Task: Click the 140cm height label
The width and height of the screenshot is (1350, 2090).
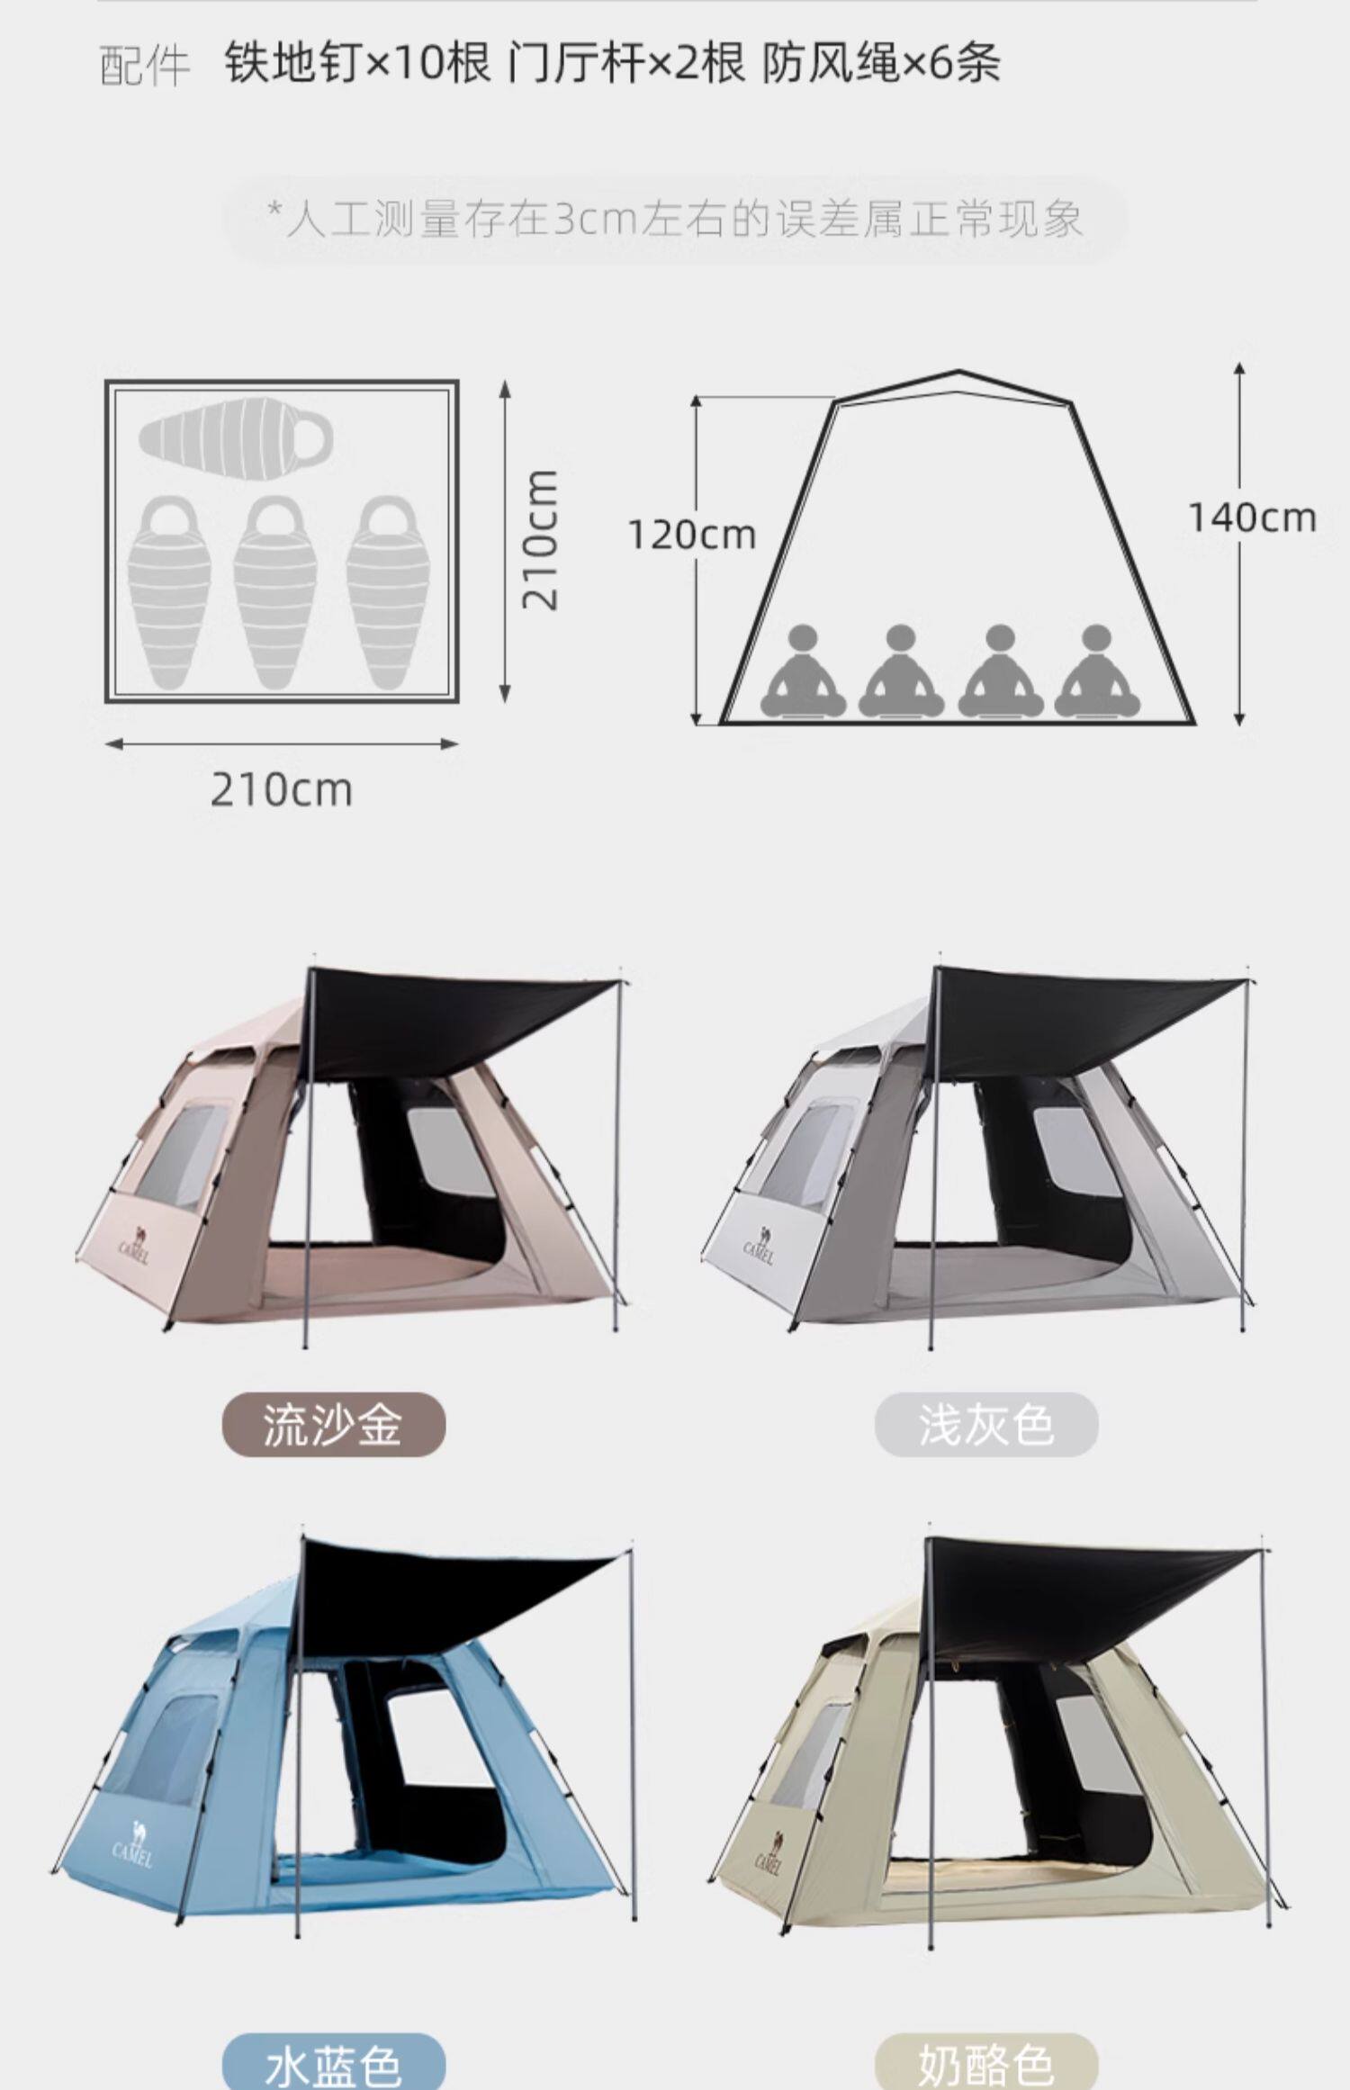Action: (1252, 518)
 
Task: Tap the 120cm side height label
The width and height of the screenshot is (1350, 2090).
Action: (691, 536)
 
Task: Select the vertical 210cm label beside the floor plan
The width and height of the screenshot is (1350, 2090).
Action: (542, 539)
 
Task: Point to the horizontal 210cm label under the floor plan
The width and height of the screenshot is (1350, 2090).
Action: (281, 790)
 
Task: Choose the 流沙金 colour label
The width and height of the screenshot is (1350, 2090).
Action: (333, 1425)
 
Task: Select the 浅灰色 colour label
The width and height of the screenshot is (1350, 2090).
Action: (985, 1425)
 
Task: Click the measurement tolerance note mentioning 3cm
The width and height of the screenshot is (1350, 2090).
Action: (675, 220)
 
